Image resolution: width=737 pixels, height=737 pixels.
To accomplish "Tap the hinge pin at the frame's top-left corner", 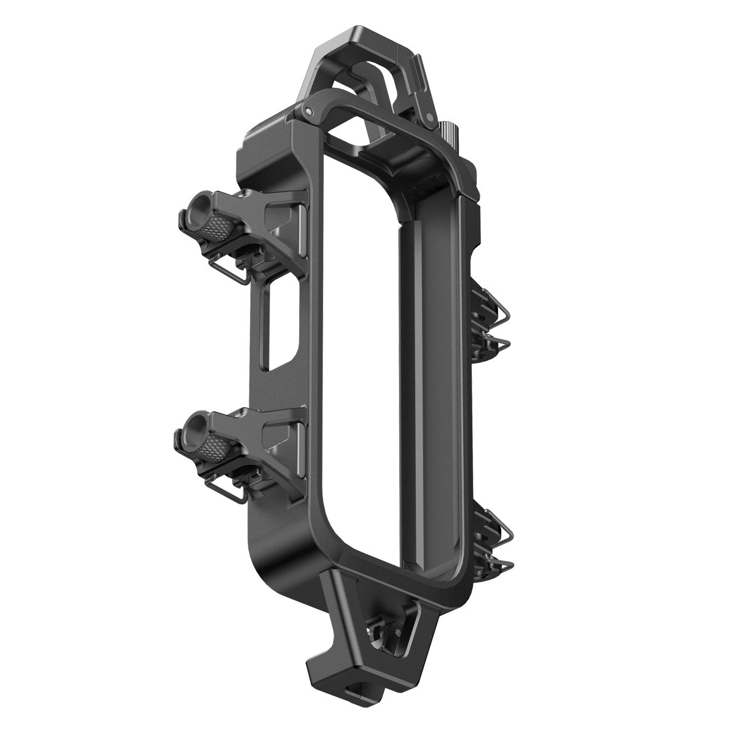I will [305, 111].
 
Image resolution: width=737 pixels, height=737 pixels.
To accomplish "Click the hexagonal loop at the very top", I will [362, 58].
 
